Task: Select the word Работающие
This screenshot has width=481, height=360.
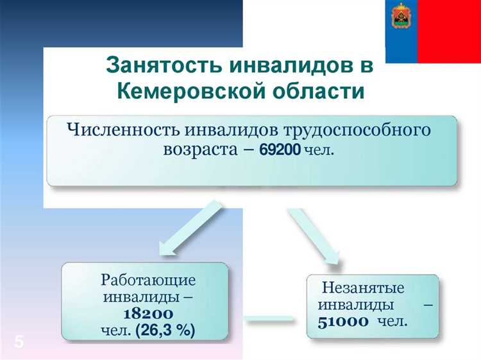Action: (x=148, y=280)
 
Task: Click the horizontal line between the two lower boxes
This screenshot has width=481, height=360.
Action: (x=270, y=317)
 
